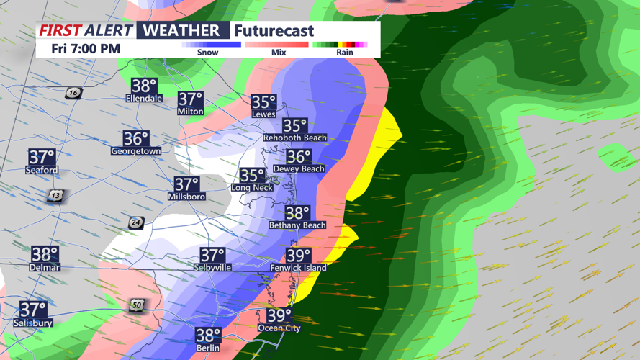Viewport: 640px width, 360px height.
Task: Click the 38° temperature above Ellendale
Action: tap(144, 86)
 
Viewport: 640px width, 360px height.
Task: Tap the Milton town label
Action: tap(190, 112)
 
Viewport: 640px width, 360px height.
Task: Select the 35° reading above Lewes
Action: tap(263, 102)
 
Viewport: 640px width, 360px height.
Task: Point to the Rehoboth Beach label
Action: tap(294, 138)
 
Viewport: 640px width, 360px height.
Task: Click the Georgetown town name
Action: tap(135, 151)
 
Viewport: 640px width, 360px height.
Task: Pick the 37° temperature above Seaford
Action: tap(42, 157)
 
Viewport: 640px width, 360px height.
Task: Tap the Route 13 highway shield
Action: tap(55, 196)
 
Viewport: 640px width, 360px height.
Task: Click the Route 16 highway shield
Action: tap(73, 93)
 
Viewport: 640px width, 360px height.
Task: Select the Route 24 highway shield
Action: tap(135, 222)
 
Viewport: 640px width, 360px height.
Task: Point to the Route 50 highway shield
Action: tap(137, 305)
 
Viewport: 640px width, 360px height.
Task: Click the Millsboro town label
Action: tap(186, 197)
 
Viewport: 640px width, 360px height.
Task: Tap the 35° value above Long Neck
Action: tap(252, 175)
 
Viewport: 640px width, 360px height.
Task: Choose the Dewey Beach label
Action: tap(298, 168)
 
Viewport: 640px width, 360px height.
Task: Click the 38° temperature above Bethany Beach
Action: tap(297, 213)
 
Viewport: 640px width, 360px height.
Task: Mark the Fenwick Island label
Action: tap(298, 268)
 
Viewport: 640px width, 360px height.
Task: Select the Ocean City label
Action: tap(279, 328)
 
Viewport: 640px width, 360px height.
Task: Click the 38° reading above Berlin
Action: tap(208, 335)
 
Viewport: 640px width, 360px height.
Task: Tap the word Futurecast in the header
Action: tap(274, 31)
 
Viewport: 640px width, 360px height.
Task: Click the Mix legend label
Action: tap(278, 53)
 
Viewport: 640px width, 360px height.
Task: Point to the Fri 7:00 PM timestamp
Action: tap(85, 49)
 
